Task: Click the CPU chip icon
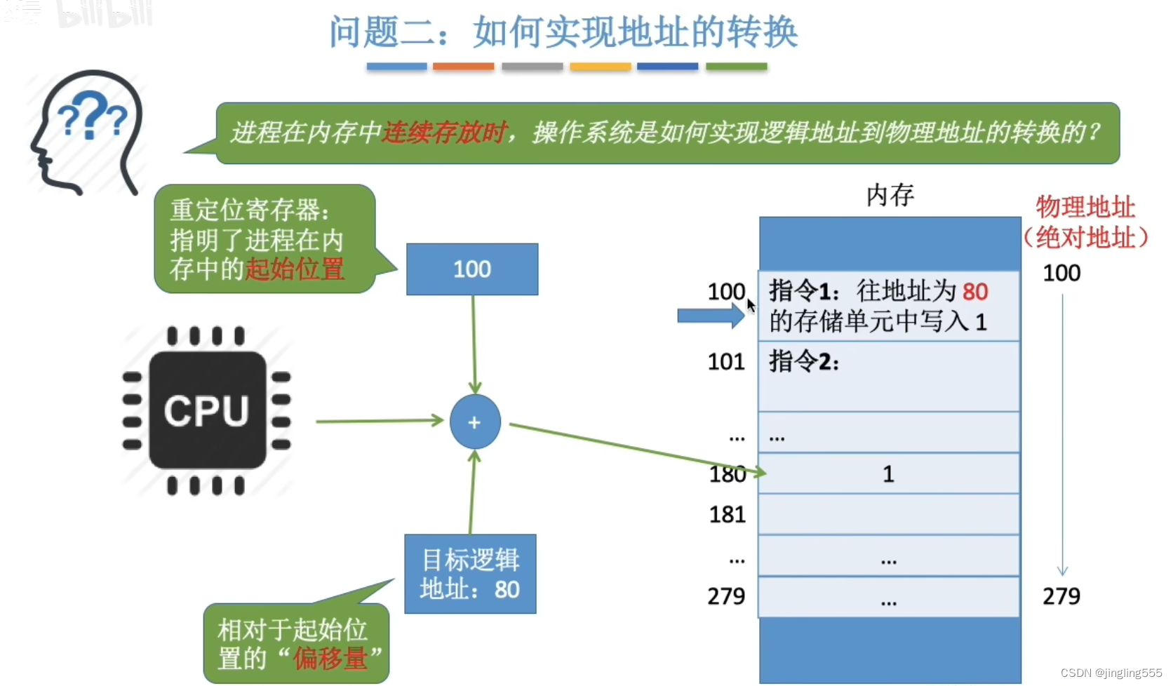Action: [206, 410]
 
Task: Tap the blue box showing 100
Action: [472, 269]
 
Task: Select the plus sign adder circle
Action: [475, 422]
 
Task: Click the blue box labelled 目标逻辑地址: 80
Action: [470, 574]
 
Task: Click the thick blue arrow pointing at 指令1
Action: [710, 316]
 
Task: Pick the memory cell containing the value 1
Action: [888, 474]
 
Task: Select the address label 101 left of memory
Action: [725, 362]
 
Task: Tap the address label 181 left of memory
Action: [727, 515]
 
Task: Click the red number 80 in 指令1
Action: [975, 292]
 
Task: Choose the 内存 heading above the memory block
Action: [890, 195]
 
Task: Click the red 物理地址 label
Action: [1085, 208]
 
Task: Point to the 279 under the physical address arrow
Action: [1061, 596]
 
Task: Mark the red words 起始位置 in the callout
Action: [295, 269]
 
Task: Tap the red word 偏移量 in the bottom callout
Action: [330, 658]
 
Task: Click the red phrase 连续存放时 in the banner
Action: [444, 133]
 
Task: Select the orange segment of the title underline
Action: [463, 67]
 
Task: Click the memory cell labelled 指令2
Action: [888, 376]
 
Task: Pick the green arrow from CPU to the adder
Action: [379, 422]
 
